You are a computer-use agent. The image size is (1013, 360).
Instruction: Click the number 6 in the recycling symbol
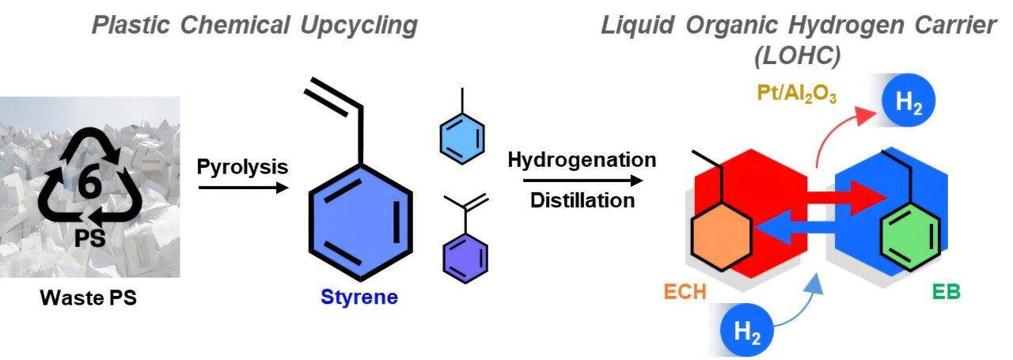89,184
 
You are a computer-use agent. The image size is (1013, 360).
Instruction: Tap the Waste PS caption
89,300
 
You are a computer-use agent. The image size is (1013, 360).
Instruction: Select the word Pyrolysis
241,167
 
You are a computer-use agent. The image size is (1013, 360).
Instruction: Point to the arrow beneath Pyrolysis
241,188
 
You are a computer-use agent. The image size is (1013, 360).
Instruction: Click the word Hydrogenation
582,160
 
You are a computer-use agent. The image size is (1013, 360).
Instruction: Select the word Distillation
582,200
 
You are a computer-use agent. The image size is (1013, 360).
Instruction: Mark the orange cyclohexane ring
721,236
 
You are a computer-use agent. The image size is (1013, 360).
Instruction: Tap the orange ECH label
685,291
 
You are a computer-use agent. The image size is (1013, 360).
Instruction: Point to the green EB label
945,291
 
